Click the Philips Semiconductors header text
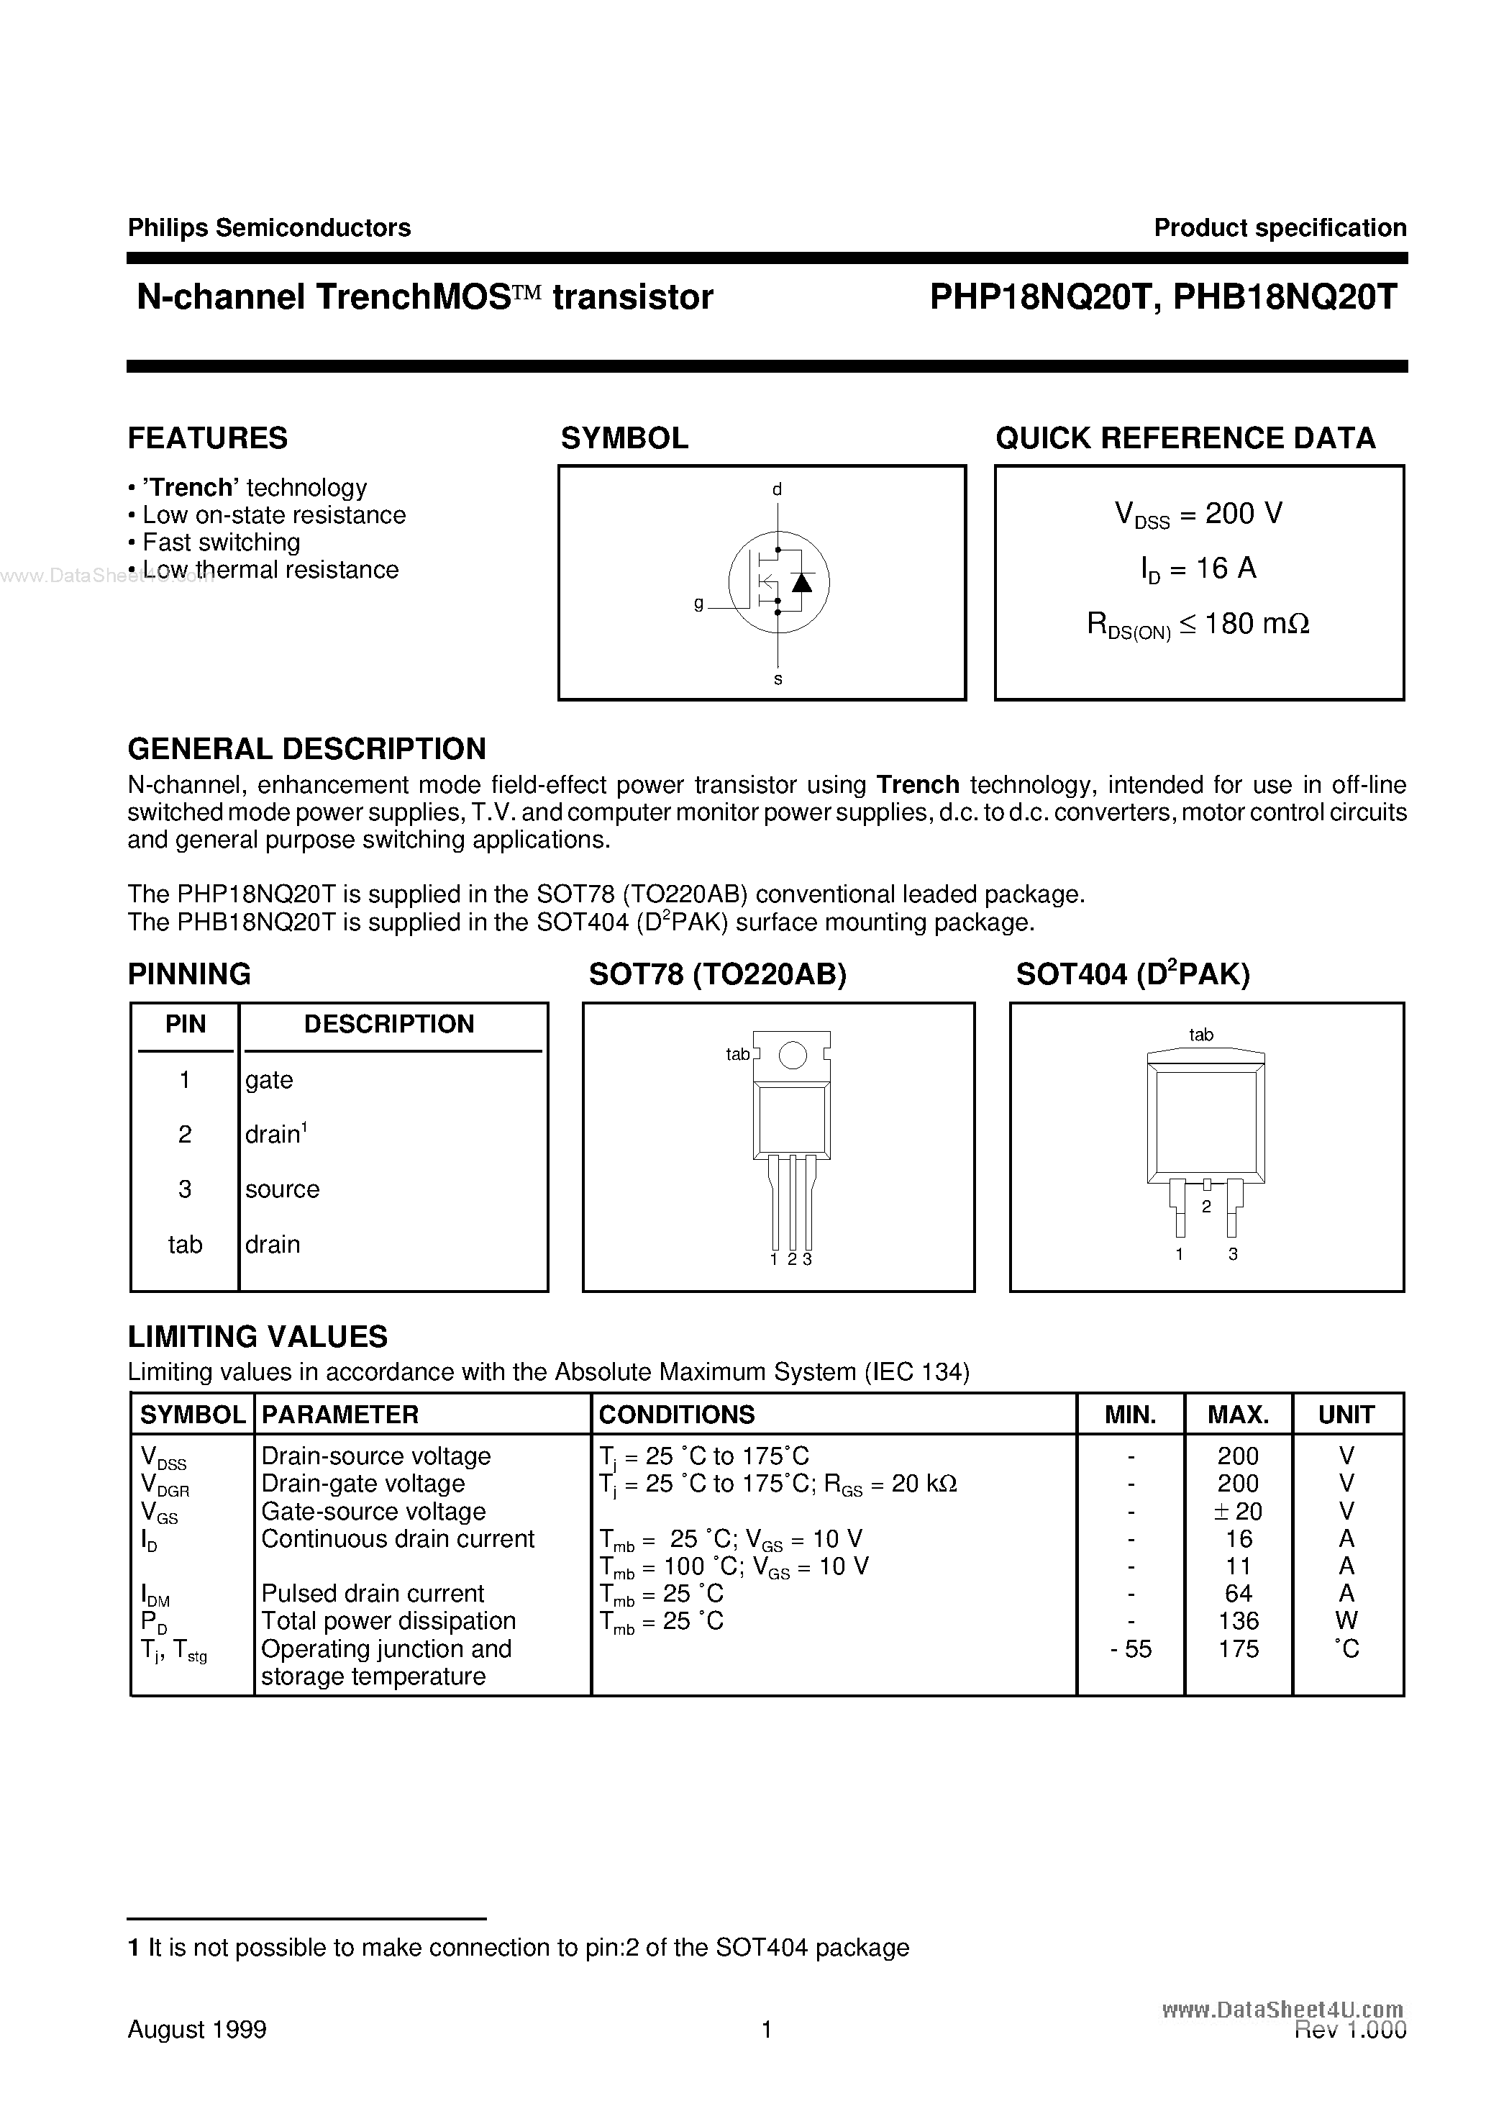coord(269,228)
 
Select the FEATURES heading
coord(208,438)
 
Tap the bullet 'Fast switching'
coord(221,543)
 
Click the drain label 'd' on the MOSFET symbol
coord(777,489)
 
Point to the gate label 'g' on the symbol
coord(699,604)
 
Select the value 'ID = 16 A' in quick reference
coord(1199,569)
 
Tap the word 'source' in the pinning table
coord(282,1189)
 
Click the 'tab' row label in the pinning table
coord(185,1245)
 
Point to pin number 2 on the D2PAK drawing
coord(1206,1207)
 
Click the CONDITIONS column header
coord(676,1415)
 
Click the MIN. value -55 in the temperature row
coord(1130,1649)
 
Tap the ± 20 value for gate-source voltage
coord(1238,1512)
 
